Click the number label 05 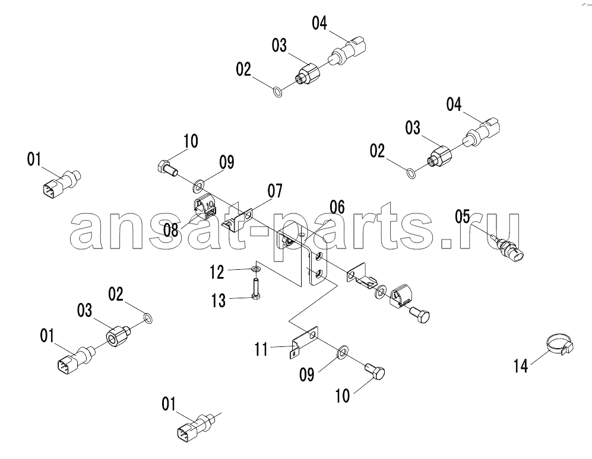pyautogui.click(x=463, y=217)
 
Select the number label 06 pyautogui.click(x=337, y=208)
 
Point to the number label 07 pyautogui.click(x=275, y=191)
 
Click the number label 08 pyautogui.click(x=171, y=230)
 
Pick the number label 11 pyautogui.click(x=261, y=349)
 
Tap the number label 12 pyautogui.click(x=217, y=272)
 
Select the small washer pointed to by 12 pyautogui.click(x=256, y=269)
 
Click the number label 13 pyautogui.click(x=219, y=301)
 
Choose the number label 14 pyautogui.click(x=521, y=365)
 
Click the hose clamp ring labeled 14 pyautogui.click(x=560, y=343)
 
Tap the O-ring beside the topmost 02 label pyautogui.click(x=277, y=92)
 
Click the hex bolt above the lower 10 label pyautogui.click(x=375, y=371)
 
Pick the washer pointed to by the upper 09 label pyautogui.click(x=198, y=185)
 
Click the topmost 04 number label pyautogui.click(x=319, y=23)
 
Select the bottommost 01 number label pyautogui.click(x=169, y=404)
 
